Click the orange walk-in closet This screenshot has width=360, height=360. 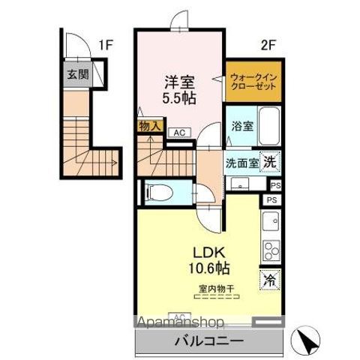pyautogui.click(x=253, y=81)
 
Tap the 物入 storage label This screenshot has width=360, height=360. pyautogui.click(x=148, y=126)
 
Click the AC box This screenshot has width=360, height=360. pyautogui.click(x=178, y=133)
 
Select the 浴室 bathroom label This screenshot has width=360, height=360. pyautogui.click(x=242, y=126)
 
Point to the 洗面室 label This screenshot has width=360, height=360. pyautogui.click(x=242, y=162)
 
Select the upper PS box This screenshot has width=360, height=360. pyautogui.click(x=275, y=185)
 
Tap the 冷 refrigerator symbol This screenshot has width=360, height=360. pyautogui.click(x=269, y=280)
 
